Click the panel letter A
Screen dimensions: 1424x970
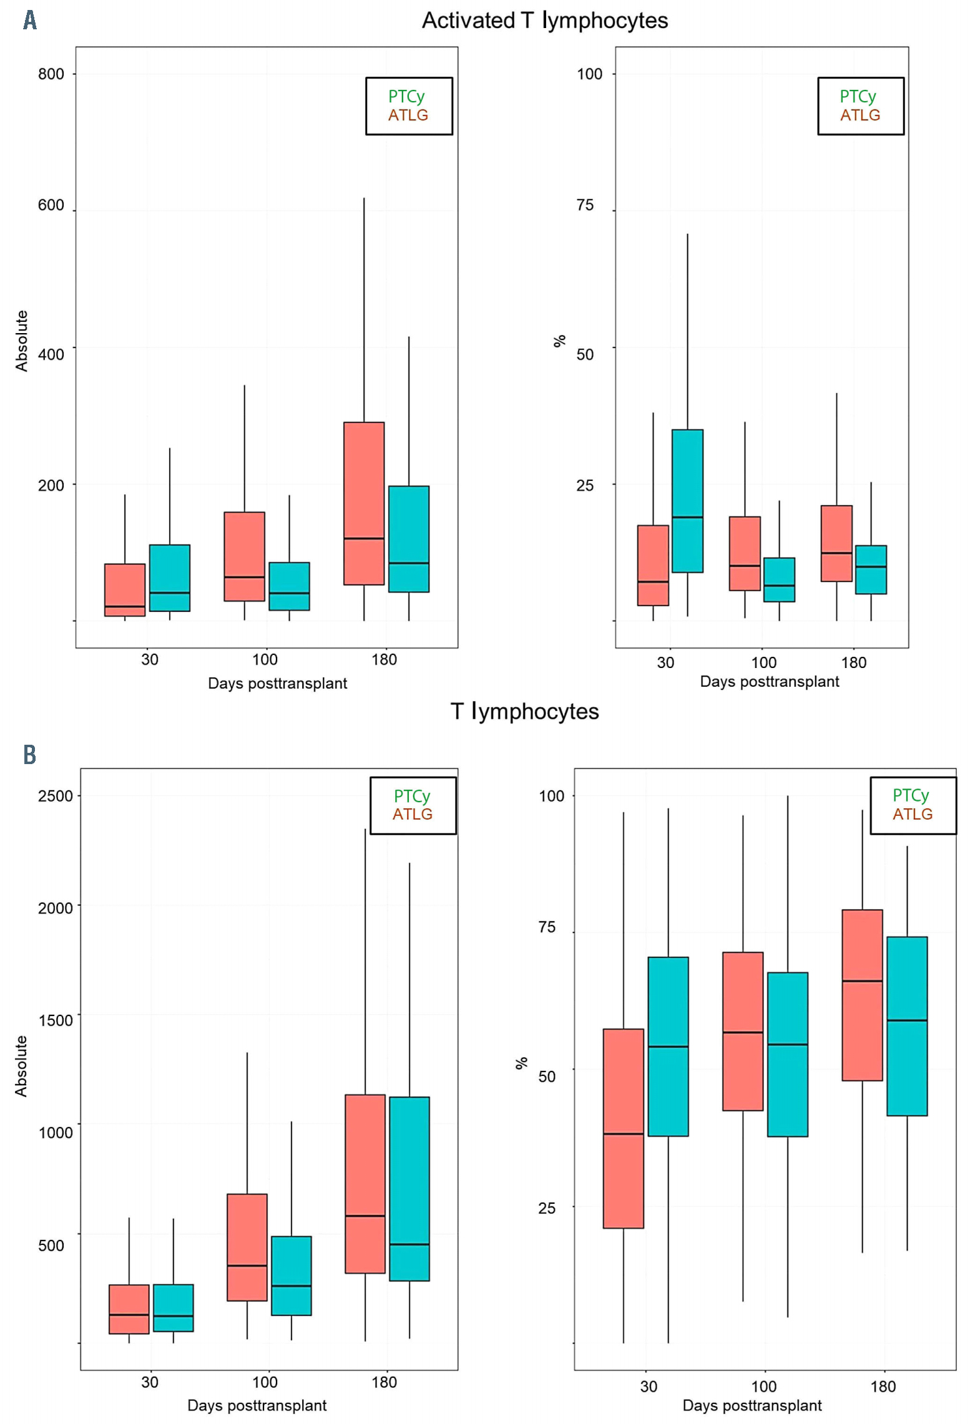[29, 20]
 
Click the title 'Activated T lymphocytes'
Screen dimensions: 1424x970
[544, 21]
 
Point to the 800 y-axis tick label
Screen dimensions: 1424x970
[51, 74]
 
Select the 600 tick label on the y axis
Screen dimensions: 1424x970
[51, 205]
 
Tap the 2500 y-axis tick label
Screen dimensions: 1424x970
[55, 796]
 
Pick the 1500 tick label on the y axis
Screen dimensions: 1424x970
[55, 1020]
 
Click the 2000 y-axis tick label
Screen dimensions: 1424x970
[55, 908]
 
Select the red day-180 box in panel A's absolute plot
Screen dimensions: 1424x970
[364, 503]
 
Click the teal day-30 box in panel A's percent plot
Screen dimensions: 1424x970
[687, 500]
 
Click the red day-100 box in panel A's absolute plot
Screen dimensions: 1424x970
[244, 556]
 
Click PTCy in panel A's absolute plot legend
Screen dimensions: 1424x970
[406, 97]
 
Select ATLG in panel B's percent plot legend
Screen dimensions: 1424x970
[912, 814]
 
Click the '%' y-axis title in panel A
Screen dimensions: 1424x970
[560, 341]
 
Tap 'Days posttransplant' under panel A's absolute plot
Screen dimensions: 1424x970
[277, 683]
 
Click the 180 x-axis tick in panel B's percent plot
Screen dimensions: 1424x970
[883, 1387]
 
